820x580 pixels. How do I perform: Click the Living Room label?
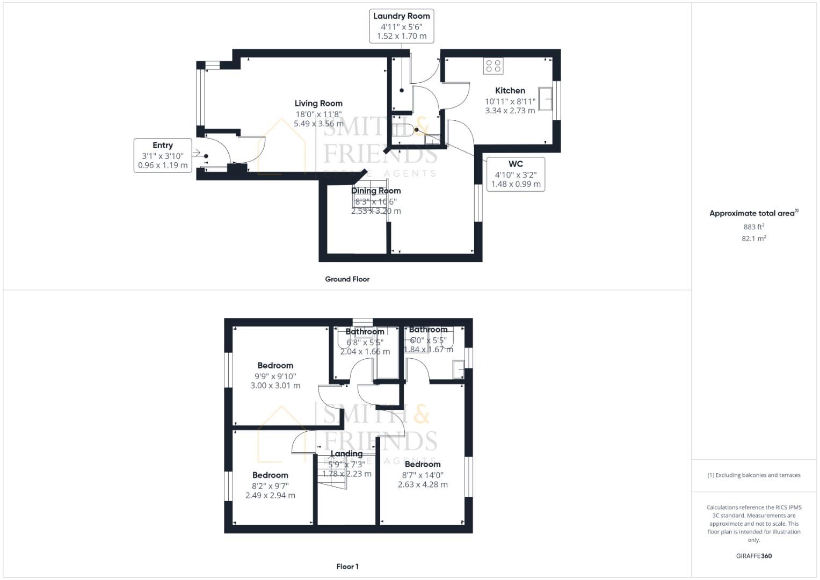[x=318, y=103]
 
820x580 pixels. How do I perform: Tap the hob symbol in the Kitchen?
[x=493, y=66]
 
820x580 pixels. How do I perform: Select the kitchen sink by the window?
[x=546, y=99]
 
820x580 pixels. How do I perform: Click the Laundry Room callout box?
[x=401, y=26]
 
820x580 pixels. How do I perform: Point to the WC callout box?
[x=515, y=174]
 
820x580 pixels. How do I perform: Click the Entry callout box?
[x=163, y=155]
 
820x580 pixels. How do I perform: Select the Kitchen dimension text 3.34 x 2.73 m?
[x=510, y=111]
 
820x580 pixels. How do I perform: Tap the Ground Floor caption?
[x=347, y=279]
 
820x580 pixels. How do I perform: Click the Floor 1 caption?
[x=347, y=566]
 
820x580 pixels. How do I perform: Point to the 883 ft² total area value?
[x=753, y=227]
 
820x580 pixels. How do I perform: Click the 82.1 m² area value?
[x=753, y=238]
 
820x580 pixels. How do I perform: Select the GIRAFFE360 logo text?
[x=753, y=556]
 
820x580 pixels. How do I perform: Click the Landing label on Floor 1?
[x=346, y=454]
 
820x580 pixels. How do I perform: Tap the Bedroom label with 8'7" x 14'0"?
[x=423, y=464]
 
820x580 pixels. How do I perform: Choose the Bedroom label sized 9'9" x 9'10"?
[x=275, y=365]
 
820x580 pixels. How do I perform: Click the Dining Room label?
[x=376, y=191]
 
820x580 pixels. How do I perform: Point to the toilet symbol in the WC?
[x=404, y=130]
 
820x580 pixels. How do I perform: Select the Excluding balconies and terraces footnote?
[x=753, y=475]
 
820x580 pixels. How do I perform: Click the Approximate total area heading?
[x=753, y=213]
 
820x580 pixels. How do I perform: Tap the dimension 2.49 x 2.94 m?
[x=270, y=495]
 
